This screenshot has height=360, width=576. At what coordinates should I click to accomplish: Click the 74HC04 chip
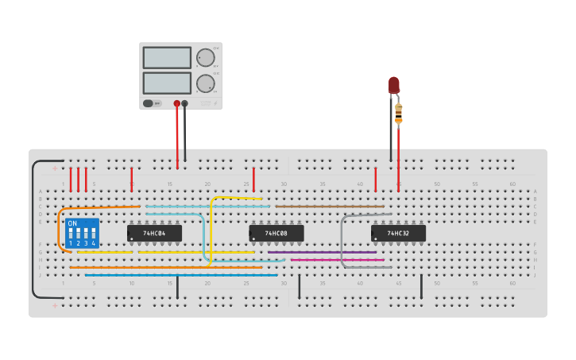[x=154, y=234]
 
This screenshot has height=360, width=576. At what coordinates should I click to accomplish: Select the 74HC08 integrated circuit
[x=276, y=234]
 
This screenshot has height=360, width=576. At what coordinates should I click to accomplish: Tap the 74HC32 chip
[x=398, y=234]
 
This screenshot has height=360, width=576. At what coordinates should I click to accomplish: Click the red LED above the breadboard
[x=394, y=85]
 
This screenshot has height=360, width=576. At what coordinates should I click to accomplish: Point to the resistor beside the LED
[x=399, y=114]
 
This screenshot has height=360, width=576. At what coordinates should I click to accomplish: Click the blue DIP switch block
[x=83, y=234]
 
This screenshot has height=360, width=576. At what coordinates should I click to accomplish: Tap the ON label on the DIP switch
[x=73, y=224]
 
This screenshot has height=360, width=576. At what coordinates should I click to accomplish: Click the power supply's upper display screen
[x=167, y=58]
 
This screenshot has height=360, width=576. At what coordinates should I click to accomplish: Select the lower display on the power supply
[x=167, y=83]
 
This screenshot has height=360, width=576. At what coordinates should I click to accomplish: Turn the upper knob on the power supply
[x=206, y=57]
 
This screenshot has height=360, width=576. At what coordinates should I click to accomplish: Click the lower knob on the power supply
[x=206, y=83]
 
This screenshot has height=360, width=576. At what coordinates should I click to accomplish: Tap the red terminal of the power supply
[x=177, y=103]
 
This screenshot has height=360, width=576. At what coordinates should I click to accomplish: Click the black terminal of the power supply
[x=185, y=103]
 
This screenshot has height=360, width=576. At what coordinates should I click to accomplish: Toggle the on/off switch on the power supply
[x=149, y=103]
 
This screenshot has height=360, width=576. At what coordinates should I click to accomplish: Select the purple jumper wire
[x=322, y=253]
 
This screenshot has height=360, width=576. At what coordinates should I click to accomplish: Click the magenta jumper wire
[x=337, y=260]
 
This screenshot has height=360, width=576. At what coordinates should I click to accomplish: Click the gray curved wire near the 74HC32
[x=342, y=238]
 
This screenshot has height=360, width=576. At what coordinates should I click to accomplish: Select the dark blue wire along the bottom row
[x=183, y=275]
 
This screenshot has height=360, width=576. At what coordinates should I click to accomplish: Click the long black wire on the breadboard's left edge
[x=33, y=230]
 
